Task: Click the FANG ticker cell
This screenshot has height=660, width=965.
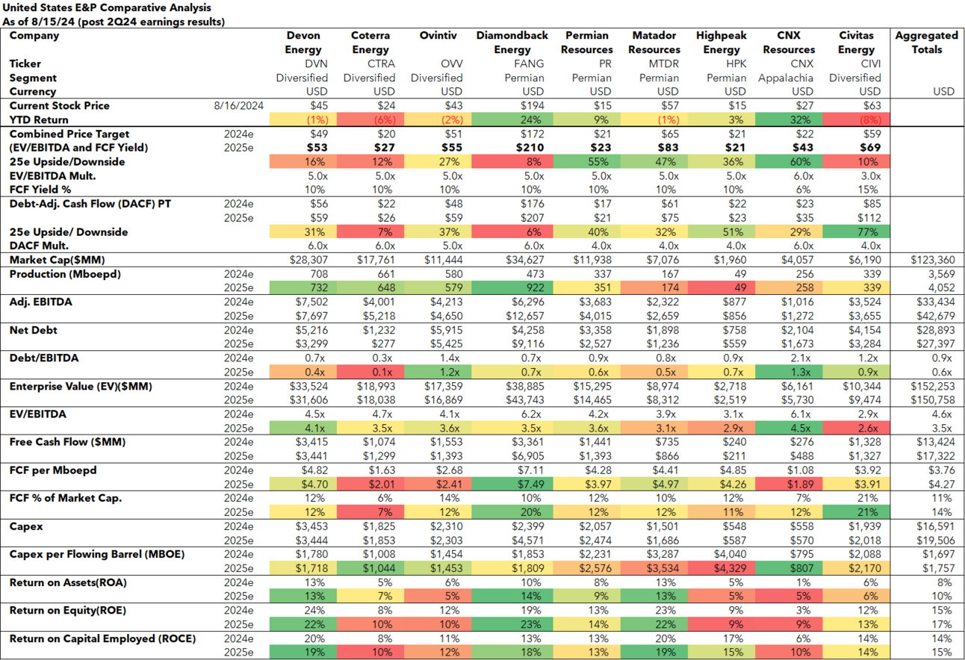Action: click(x=512, y=64)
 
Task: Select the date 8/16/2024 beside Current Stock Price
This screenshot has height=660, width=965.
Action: click(x=238, y=106)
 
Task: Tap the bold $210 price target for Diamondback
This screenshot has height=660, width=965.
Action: click(x=512, y=148)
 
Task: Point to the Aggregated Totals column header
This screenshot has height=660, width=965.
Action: click(x=926, y=43)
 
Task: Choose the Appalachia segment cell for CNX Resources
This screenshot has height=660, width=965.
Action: click(x=789, y=78)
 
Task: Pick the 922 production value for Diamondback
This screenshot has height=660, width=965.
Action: click(x=512, y=288)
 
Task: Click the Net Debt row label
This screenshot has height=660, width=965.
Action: click(x=33, y=330)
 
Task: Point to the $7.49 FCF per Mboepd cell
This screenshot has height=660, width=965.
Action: click(x=512, y=485)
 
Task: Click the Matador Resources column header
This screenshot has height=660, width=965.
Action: click(x=654, y=43)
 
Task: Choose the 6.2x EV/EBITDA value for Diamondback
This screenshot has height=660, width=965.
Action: click(x=512, y=414)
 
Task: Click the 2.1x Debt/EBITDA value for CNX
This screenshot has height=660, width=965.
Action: click(x=789, y=358)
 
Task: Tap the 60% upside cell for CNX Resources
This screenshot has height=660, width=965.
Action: click(x=789, y=162)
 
